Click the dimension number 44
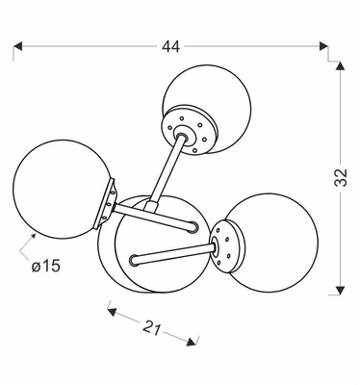[x=170, y=47]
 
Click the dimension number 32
[x=341, y=177]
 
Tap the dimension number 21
[x=151, y=327]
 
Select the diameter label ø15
[x=46, y=266]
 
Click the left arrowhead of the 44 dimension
[x=17, y=46]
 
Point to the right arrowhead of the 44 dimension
[x=323, y=46]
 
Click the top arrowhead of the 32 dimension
[x=340, y=65]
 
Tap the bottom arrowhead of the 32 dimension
[x=340, y=291]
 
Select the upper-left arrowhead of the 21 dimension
[x=112, y=312]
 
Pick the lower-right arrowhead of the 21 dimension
[x=192, y=342]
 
